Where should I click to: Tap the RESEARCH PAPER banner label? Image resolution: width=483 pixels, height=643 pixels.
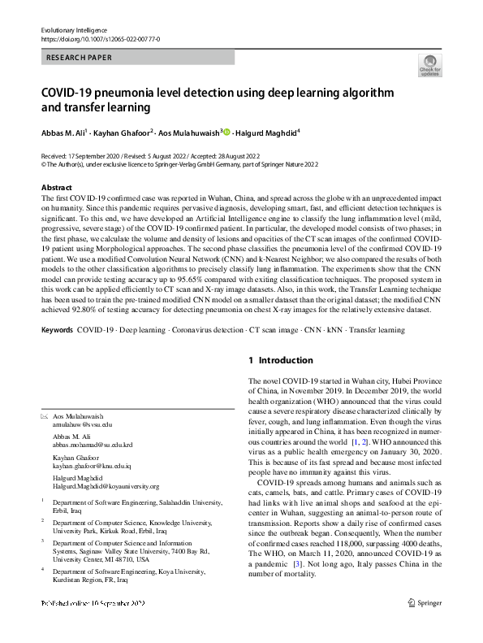coord(80,58)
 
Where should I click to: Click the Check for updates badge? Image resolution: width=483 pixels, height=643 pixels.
coord(429,64)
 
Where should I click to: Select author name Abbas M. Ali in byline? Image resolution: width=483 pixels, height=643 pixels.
coord(64,131)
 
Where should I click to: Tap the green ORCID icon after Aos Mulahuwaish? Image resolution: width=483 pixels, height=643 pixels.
coord(226,131)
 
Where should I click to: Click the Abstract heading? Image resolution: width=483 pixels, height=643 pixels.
coord(57,187)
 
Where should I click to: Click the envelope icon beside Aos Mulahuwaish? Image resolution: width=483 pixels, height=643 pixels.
coord(45,416)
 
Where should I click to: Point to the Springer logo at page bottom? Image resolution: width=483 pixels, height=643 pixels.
coord(426,626)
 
